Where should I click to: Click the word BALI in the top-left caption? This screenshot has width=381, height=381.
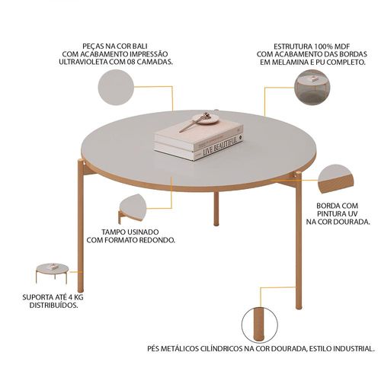139,46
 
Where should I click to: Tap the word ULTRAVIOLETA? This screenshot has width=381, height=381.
84,62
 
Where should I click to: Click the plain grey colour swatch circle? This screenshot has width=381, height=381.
116,87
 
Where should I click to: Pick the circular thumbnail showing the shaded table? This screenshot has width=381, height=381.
312,87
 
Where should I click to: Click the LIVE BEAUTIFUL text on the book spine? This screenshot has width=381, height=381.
220,147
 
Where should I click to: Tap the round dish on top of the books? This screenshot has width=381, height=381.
205,119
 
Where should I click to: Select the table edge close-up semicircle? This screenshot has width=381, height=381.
335,179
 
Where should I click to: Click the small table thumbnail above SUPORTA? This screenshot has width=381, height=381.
53,273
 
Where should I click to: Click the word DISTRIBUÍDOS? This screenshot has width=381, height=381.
54,305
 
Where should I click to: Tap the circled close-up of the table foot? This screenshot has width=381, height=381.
259,325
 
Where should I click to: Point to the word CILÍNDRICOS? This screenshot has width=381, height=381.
221,348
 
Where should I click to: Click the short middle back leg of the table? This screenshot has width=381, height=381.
216,209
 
